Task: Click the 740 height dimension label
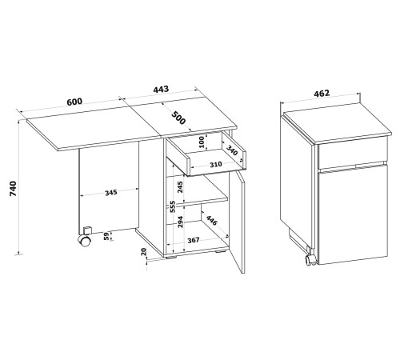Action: [13, 189]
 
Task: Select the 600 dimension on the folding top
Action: [74, 102]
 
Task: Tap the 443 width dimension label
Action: [161, 89]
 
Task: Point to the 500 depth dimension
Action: [178, 118]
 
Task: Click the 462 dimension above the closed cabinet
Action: [322, 94]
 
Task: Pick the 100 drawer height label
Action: [202, 142]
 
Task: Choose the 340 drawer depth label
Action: [231, 150]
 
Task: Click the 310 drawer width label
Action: [215, 165]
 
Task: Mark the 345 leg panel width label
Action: [110, 192]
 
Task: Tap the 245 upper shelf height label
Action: [180, 187]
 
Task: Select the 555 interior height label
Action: [173, 206]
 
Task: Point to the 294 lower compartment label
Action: [180, 222]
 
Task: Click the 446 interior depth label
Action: [212, 220]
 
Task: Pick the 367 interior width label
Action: [193, 240]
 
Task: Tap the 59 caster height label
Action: [106, 236]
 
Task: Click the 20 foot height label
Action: [143, 252]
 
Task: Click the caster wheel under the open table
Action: [85, 241]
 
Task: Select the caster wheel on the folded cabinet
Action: [310, 259]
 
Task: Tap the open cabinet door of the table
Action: [237, 222]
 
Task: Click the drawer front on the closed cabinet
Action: [352, 152]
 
